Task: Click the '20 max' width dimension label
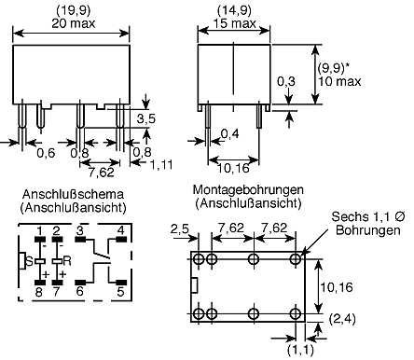pyautogui.click(x=74, y=23)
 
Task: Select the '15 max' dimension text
pyautogui.click(x=235, y=23)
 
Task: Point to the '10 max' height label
pyautogui.click(x=339, y=81)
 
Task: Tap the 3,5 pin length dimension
pyautogui.click(x=146, y=118)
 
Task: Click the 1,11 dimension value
pyautogui.click(x=161, y=164)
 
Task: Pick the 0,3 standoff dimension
pyautogui.click(x=286, y=81)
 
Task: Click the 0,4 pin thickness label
pyautogui.click(x=230, y=134)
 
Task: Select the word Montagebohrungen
pyautogui.click(x=248, y=189)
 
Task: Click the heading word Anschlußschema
pyautogui.click(x=73, y=194)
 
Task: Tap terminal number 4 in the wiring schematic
pyautogui.click(x=121, y=230)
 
